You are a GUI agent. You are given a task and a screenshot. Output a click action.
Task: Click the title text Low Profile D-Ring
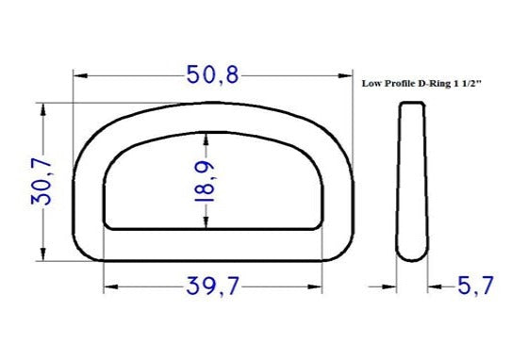[404, 83]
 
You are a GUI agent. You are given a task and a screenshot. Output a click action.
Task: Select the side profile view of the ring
[412, 181]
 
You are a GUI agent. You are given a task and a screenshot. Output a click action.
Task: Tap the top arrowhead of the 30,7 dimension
[42, 108]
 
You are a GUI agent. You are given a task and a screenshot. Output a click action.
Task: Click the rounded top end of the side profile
[411, 106]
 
